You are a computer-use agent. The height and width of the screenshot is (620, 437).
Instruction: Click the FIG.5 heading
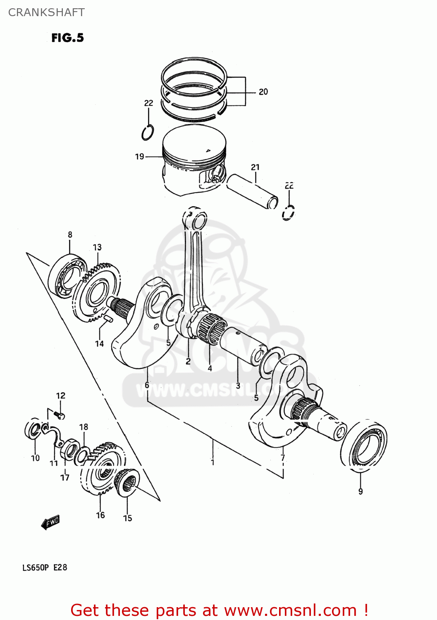tap(67, 38)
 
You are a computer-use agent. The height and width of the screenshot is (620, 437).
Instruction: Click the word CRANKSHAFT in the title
tap(46, 12)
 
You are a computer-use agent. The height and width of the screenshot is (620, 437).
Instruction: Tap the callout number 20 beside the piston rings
tap(263, 92)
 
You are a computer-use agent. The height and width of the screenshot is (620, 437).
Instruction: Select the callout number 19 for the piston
tap(139, 157)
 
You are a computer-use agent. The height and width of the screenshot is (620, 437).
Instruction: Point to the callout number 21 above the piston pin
tap(255, 167)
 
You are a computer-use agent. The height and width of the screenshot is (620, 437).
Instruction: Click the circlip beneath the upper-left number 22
tap(148, 132)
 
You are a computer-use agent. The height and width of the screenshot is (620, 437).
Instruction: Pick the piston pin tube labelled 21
tap(252, 191)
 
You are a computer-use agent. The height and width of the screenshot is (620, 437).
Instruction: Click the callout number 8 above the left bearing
tap(70, 235)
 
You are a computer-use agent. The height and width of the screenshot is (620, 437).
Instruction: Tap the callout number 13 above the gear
tap(97, 247)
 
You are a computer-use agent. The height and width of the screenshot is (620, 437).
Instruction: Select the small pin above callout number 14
tap(109, 318)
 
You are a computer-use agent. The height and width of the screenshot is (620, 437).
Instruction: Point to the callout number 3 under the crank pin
tap(238, 386)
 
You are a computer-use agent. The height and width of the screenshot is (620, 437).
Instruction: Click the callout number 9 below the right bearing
tap(361, 491)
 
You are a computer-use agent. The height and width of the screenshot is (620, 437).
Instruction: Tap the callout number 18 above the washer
tap(84, 427)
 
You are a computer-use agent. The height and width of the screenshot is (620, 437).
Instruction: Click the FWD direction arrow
tap(50, 522)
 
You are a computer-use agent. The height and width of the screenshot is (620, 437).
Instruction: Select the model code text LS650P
tap(36, 568)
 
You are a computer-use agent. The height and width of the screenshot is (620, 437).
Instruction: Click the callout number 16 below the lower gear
tap(100, 515)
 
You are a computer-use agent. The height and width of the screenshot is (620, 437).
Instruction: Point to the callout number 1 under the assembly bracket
tap(213, 462)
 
